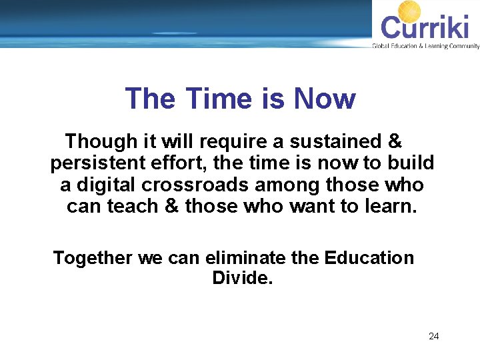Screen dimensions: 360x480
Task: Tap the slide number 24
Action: tap(433, 336)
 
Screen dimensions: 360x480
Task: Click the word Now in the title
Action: tap(325, 99)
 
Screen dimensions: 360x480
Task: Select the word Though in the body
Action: tap(97, 141)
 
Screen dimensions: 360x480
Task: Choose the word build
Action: tap(412, 163)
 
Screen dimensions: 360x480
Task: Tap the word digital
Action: tap(104, 184)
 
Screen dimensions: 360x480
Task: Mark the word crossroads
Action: tap(190, 184)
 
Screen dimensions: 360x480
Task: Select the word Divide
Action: tap(243, 278)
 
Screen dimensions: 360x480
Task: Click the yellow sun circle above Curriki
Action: tap(409, 12)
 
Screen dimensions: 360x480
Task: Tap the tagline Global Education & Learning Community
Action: tap(425, 46)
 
